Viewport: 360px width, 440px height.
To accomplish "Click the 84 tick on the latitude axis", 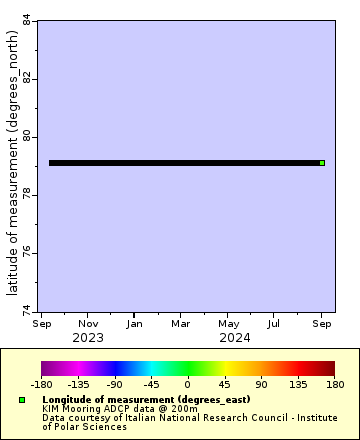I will point(26,20).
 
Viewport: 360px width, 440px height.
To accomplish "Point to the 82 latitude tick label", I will point(26,78).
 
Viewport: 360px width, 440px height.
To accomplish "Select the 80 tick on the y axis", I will point(26,136).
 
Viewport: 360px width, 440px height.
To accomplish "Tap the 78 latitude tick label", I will point(26,194).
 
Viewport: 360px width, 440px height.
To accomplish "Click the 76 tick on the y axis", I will point(26,252).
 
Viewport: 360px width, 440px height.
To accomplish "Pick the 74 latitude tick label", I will point(26,310).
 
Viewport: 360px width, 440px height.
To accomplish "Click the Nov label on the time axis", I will point(88,323).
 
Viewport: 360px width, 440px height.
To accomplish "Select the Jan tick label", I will point(133,323).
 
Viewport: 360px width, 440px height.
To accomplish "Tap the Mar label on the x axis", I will point(180,323).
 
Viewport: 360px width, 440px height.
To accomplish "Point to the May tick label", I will point(228,323).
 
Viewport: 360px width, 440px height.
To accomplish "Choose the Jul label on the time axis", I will point(274,323).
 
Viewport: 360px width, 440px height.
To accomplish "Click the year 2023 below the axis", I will point(88,337).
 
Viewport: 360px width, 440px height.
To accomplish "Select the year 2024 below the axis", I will point(235,337).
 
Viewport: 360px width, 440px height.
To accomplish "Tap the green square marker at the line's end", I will point(322,163).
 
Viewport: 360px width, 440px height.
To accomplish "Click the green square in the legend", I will point(21,400).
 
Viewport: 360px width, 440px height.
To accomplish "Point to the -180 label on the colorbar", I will point(41,383).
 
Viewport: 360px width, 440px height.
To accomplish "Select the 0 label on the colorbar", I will point(187,383).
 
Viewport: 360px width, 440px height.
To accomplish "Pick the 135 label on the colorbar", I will point(298,383).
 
